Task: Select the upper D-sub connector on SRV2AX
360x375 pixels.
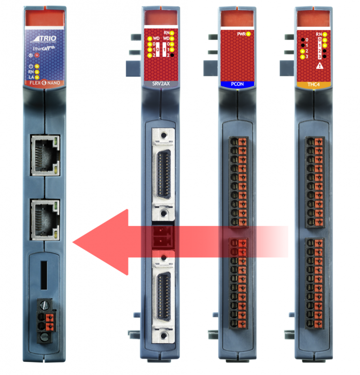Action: click(x=162, y=172)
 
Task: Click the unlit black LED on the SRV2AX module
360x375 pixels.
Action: click(x=173, y=55)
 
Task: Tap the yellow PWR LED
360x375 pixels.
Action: click(x=248, y=34)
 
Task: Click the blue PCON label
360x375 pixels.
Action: click(x=237, y=84)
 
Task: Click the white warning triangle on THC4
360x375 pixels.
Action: click(x=320, y=67)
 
